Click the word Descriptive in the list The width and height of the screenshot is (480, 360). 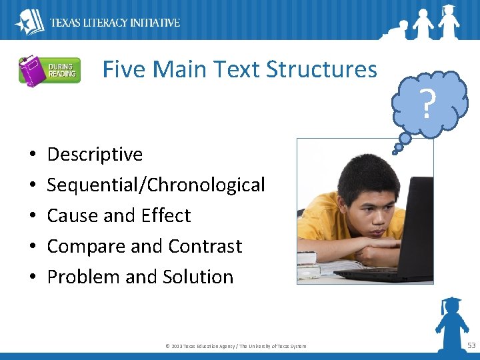click(x=95, y=155)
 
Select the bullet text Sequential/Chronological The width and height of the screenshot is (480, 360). click(x=156, y=185)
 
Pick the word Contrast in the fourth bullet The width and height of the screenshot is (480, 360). click(x=205, y=247)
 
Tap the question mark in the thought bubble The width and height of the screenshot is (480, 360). click(x=429, y=103)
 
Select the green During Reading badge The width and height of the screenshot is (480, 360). click(x=62, y=70)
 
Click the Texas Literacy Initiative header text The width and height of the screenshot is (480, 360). click(x=115, y=23)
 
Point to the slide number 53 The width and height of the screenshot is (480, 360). click(x=471, y=345)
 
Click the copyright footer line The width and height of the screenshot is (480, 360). click(x=235, y=345)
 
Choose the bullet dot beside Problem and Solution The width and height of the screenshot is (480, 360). click(x=33, y=277)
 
